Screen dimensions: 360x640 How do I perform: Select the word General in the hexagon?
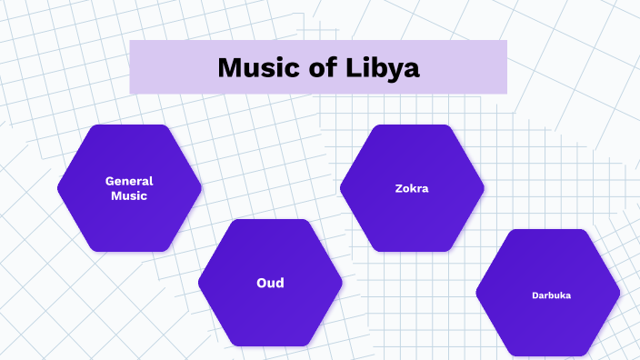click(129, 181)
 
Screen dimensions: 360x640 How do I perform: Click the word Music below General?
click(129, 195)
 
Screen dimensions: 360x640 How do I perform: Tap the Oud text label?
click(270, 283)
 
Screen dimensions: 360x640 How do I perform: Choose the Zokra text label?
click(412, 189)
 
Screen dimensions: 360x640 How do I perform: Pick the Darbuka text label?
click(552, 295)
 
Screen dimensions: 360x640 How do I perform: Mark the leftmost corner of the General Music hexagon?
click(59, 188)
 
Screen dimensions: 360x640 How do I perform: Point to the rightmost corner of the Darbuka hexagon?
click(618, 293)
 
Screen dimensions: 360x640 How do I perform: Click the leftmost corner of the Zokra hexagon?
click(342, 188)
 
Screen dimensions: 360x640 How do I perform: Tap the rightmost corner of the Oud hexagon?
click(341, 283)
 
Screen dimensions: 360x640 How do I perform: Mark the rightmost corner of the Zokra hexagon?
click(483, 188)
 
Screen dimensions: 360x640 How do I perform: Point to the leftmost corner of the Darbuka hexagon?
click(478, 293)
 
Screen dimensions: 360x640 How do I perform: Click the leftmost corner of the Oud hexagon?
click(200, 283)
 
